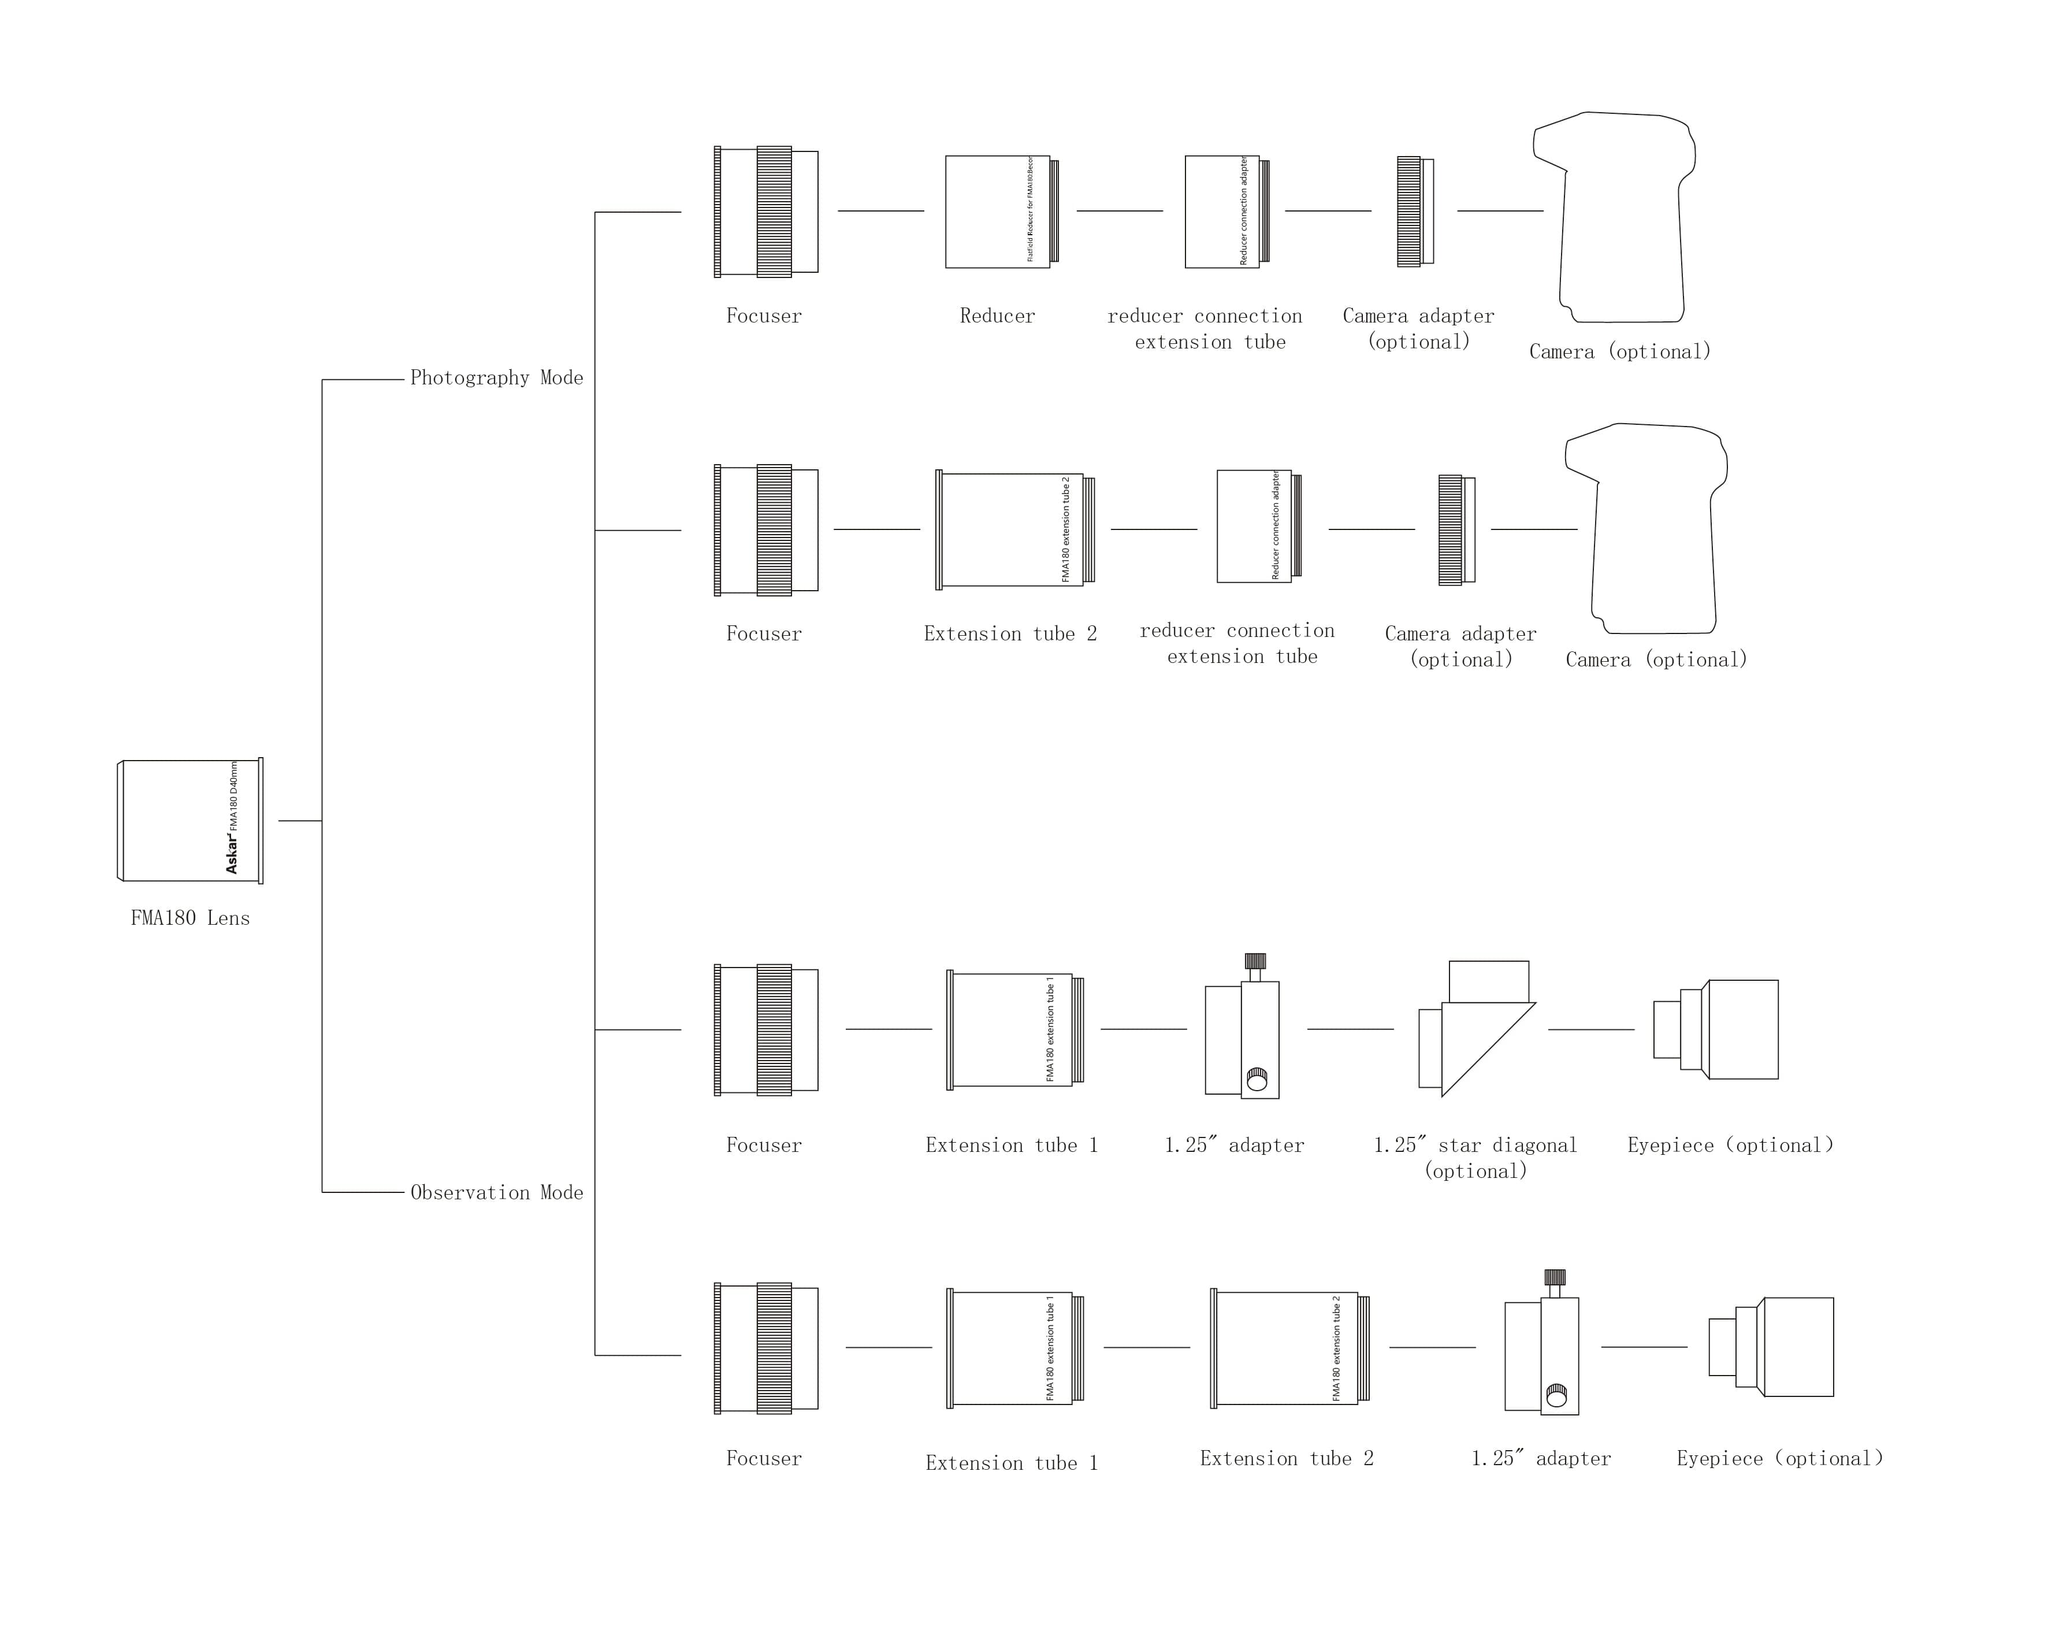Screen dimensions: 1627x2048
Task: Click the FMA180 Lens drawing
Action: (190, 820)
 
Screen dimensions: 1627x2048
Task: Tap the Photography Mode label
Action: (496, 378)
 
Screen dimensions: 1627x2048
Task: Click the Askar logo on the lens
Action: (232, 854)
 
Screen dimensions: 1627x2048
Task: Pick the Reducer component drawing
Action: (1000, 211)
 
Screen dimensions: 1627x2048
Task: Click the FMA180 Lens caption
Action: (190, 918)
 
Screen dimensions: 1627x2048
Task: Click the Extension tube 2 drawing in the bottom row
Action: (1289, 1348)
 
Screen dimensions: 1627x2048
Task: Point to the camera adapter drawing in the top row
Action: (1414, 211)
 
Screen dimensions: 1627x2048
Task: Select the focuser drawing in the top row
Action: (765, 211)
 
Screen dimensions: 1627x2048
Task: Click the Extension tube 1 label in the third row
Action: (1012, 1145)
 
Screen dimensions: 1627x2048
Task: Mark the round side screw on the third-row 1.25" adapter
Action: (1257, 1080)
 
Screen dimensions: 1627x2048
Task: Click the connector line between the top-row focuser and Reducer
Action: (880, 211)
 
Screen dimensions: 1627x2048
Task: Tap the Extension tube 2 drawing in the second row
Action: (1014, 529)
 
